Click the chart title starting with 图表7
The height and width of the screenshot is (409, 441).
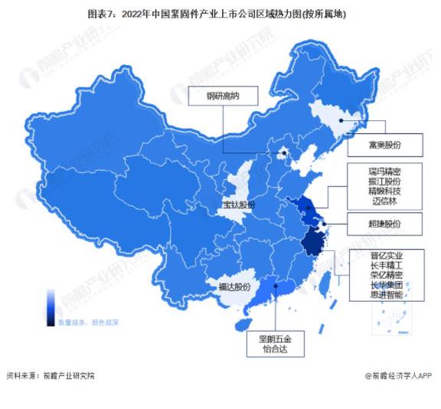click(x=220, y=14)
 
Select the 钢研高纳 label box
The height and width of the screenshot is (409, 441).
click(x=223, y=97)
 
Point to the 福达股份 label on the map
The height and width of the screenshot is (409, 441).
click(x=234, y=287)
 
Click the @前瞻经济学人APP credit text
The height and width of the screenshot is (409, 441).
click(x=398, y=375)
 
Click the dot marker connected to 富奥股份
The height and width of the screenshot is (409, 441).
click(x=340, y=120)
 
